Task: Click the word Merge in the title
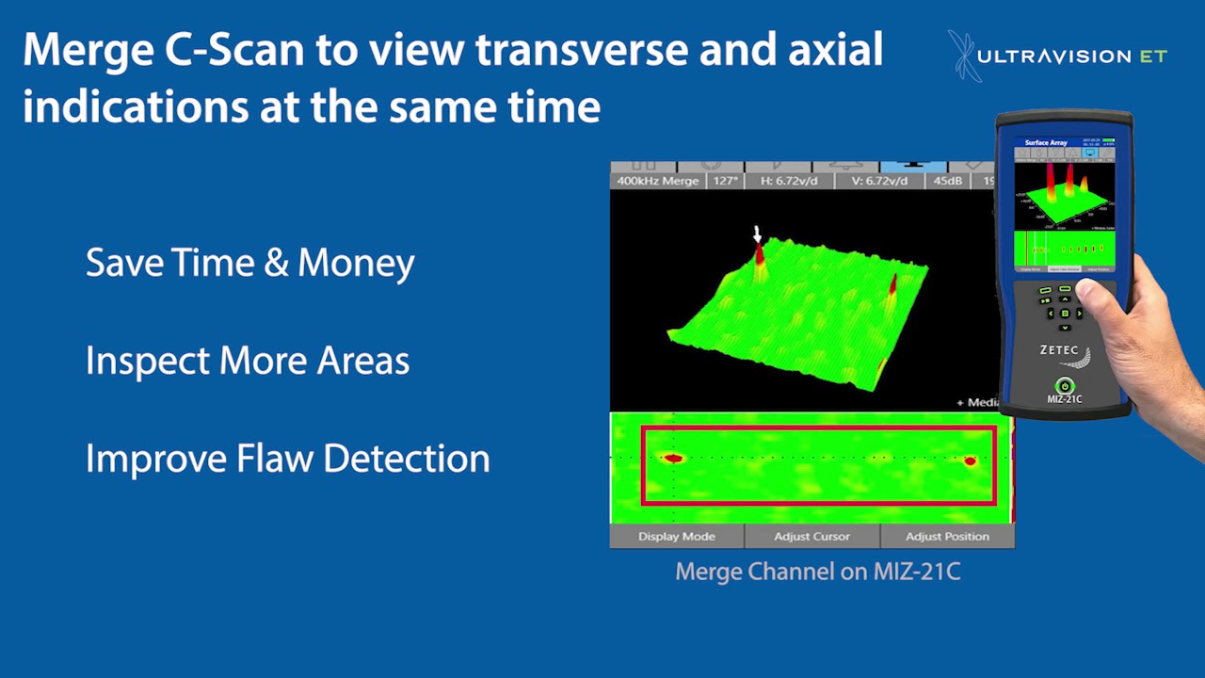86,50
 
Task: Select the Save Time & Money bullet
249,263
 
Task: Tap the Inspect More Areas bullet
247,361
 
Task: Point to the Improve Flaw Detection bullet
287,459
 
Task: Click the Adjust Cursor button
811,537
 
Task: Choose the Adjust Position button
946,537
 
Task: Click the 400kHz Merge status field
657,181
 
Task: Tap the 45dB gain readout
947,181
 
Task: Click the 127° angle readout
725,181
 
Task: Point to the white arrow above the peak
757,234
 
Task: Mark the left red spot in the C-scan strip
672,459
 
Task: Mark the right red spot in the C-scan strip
970,460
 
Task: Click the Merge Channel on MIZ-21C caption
817,572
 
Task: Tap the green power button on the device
1064,385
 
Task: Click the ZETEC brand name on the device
1059,350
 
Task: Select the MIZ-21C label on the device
1064,399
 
